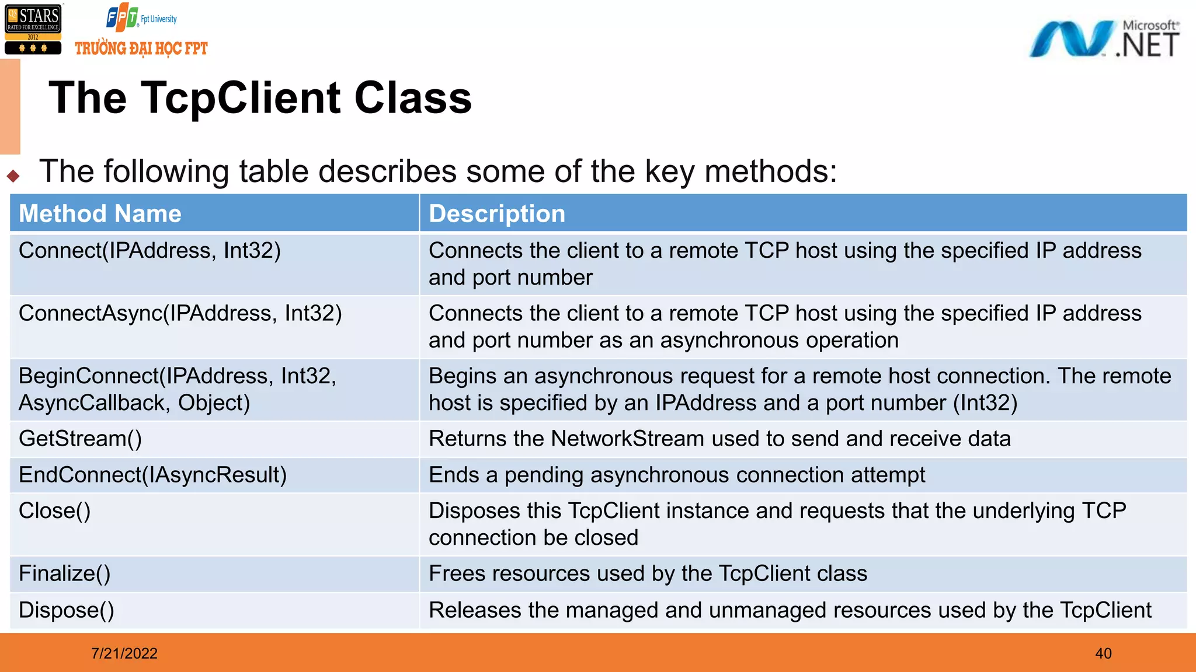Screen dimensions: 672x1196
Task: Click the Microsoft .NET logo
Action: click(x=1103, y=39)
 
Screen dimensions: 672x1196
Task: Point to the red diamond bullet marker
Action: click(x=13, y=176)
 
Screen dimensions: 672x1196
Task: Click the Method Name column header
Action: click(x=100, y=213)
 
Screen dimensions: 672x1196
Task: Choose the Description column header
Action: click(x=496, y=213)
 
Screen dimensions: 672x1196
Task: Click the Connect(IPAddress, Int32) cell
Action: click(x=149, y=251)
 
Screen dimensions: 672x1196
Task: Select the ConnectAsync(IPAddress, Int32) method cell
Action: click(x=180, y=314)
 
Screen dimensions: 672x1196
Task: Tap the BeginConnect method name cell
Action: click(x=177, y=389)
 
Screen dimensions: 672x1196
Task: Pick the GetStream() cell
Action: click(x=80, y=439)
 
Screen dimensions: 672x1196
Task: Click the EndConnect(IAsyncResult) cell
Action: click(x=152, y=475)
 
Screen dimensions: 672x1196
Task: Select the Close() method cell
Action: click(x=54, y=511)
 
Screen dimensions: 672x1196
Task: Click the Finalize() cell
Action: click(x=64, y=574)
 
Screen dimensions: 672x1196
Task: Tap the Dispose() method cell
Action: click(x=66, y=610)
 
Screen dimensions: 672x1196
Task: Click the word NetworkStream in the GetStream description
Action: click(x=627, y=439)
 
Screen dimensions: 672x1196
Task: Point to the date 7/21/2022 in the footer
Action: click(x=124, y=653)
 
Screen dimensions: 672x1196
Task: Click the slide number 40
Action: click(x=1103, y=653)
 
